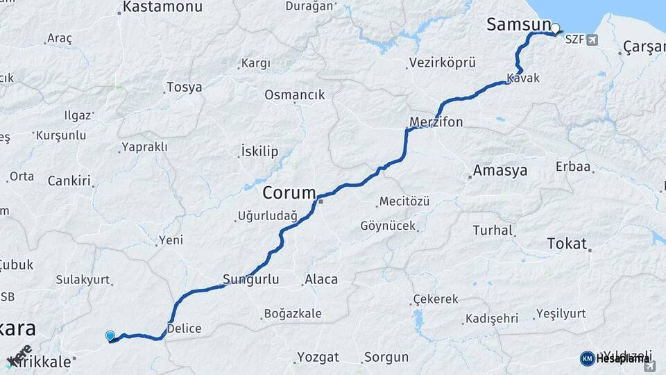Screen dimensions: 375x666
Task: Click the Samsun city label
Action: click(x=518, y=24)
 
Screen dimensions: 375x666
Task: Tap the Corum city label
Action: click(x=289, y=192)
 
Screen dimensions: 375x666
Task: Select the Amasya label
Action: click(x=499, y=170)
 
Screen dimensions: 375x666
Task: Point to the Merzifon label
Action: click(x=436, y=122)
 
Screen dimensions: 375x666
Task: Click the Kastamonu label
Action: click(x=162, y=7)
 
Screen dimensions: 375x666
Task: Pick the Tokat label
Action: click(x=567, y=243)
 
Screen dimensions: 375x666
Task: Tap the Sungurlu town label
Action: click(x=250, y=280)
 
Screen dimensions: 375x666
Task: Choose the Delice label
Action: click(x=184, y=328)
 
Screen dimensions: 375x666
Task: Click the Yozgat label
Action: click(x=318, y=357)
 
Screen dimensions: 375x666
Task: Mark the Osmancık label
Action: click(x=294, y=95)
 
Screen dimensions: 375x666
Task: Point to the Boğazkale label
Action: click(x=293, y=313)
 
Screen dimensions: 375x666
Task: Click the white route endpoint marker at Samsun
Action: click(x=555, y=28)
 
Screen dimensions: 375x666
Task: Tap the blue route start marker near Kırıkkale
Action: click(x=110, y=336)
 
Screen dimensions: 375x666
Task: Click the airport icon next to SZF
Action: click(x=591, y=40)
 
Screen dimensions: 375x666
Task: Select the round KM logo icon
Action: click(x=587, y=358)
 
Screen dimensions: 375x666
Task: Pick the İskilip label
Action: click(x=259, y=151)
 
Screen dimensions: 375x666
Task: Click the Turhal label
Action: click(x=493, y=230)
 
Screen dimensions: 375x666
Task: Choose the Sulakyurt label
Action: click(x=83, y=280)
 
